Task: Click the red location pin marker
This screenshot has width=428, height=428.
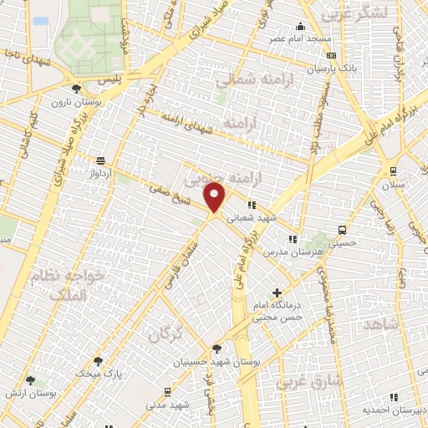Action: click(216, 198)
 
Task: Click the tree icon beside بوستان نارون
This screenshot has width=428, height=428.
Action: click(77, 88)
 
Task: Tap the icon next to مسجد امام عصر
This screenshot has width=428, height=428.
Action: click(301, 27)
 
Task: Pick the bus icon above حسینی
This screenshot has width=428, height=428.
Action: click(342, 230)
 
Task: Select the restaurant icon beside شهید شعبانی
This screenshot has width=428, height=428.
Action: click(251, 205)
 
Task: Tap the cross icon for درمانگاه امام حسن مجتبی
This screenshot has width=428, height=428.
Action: click(277, 293)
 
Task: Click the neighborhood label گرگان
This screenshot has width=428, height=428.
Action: click(166, 334)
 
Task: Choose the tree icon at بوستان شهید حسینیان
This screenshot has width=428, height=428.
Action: click(217, 349)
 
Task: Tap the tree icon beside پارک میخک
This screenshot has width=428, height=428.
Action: click(99, 362)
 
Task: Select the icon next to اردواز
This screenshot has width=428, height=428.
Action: click(101, 160)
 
